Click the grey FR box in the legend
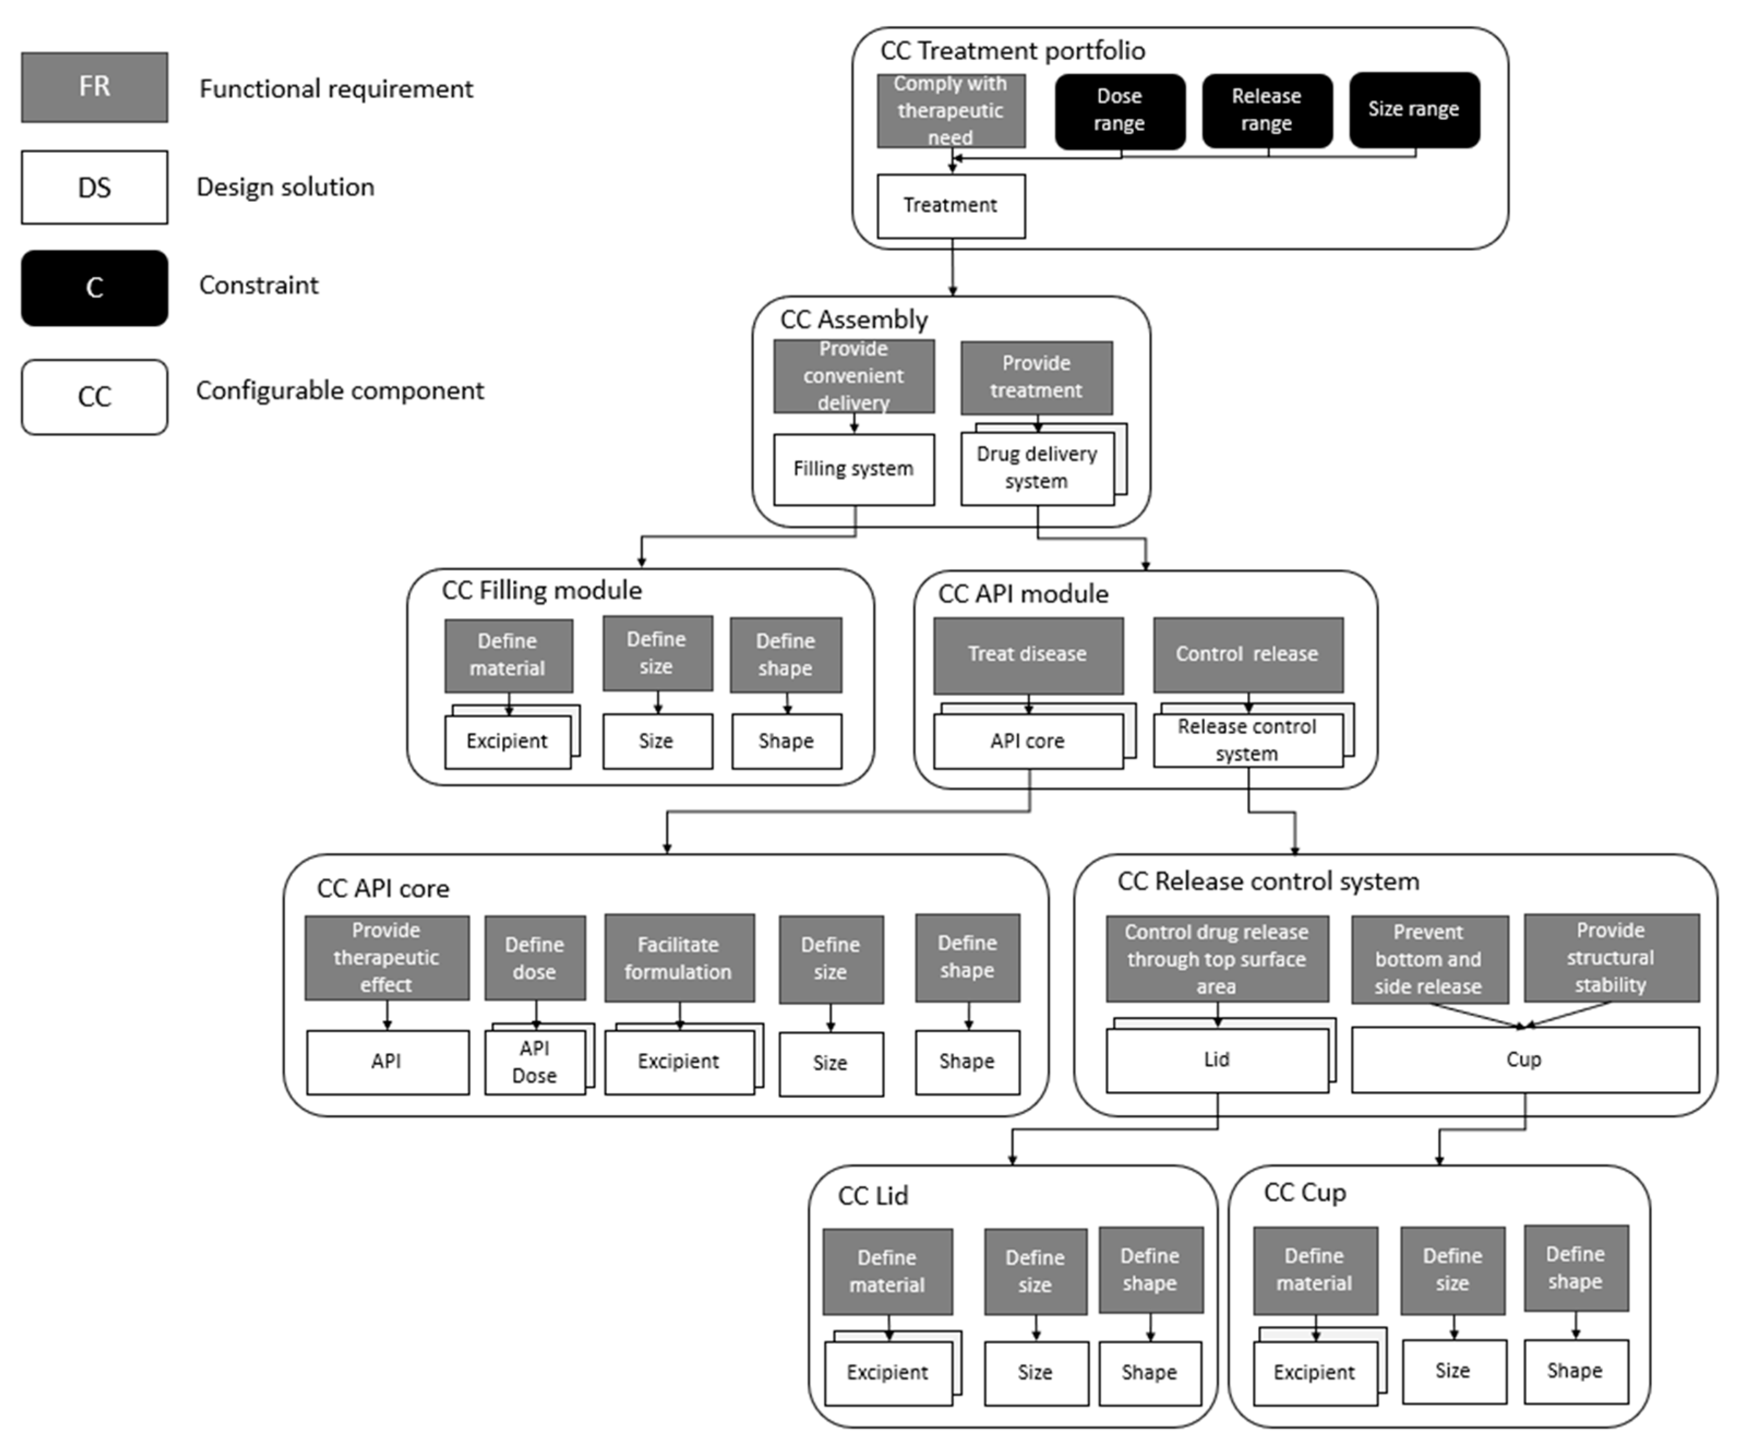(x=94, y=87)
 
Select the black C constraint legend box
(x=94, y=288)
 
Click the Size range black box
(x=1413, y=110)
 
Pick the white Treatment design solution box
(x=950, y=206)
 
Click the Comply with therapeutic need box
(x=950, y=110)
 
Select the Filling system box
(x=854, y=469)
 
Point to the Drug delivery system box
(x=1036, y=468)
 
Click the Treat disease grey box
(x=1028, y=655)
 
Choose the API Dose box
(x=535, y=1062)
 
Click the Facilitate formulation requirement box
(x=679, y=958)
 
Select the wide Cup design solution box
(x=1524, y=1060)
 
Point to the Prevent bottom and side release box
(x=1429, y=959)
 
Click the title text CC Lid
(x=873, y=1195)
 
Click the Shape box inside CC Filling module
(x=785, y=741)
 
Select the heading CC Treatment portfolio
(x=1012, y=51)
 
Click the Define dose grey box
(x=535, y=958)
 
